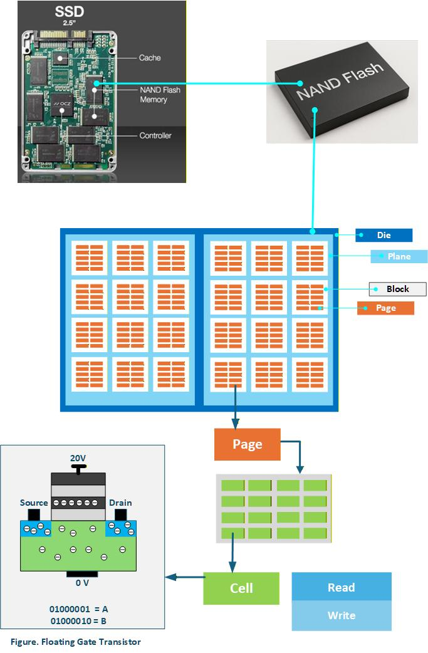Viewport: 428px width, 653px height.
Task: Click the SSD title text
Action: (x=70, y=11)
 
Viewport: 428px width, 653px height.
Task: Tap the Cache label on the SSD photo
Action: (x=150, y=58)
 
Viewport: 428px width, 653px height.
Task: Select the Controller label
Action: (x=155, y=135)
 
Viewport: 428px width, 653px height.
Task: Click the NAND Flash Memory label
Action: (x=160, y=95)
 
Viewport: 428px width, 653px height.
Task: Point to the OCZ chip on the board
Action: (x=61, y=104)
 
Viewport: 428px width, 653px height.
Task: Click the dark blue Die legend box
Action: (x=384, y=235)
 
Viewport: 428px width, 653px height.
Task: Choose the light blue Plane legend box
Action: (x=399, y=256)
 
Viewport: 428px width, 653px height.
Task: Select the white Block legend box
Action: (x=397, y=289)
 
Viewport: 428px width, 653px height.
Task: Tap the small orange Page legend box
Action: (x=385, y=308)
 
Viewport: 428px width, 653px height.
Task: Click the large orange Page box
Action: (x=248, y=444)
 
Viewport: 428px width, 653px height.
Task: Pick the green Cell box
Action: (x=241, y=588)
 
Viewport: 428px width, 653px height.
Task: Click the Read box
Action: (x=342, y=587)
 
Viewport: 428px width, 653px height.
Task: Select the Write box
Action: (x=342, y=615)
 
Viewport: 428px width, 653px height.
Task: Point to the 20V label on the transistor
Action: (x=78, y=458)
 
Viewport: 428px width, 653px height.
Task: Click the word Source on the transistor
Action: (x=34, y=503)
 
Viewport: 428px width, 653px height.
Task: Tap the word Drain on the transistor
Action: (x=120, y=503)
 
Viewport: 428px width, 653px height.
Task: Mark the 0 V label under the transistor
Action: (x=82, y=583)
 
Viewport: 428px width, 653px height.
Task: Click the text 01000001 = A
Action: (x=79, y=609)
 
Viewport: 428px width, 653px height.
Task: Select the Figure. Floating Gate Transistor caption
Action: (x=76, y=642)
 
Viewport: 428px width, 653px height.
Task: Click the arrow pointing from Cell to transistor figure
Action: (x=185, y=577)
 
